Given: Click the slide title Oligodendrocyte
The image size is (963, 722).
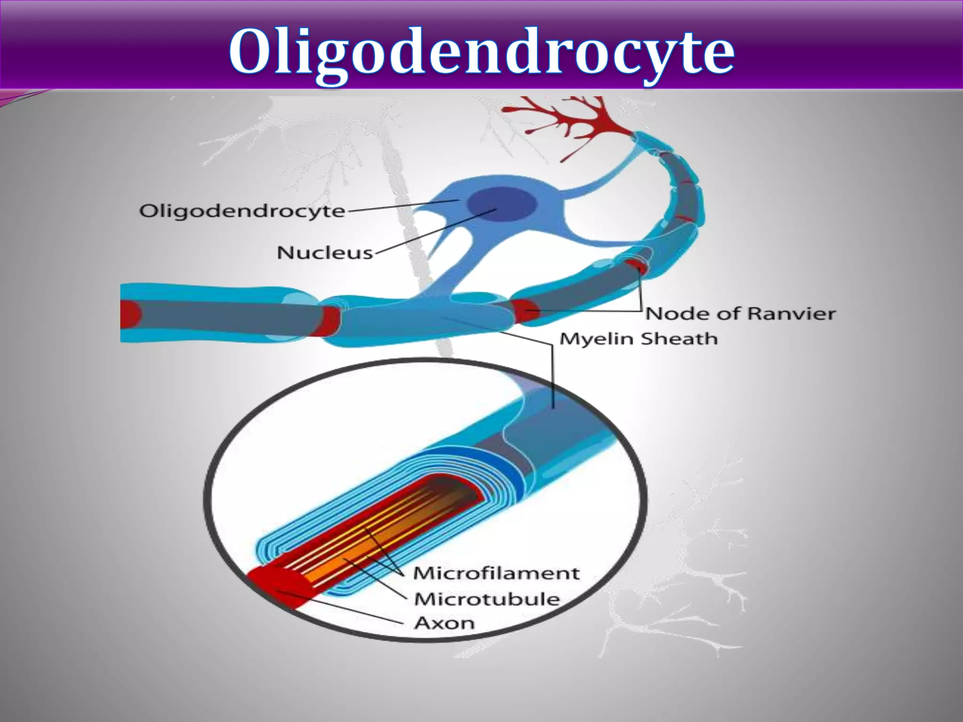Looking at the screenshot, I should (x=481, y=52).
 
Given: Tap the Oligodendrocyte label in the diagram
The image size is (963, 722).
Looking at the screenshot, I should (x=242, y=211).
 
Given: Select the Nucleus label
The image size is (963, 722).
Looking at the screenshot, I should (x=325, y=253).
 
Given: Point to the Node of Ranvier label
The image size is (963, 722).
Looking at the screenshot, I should (x=740, y=313).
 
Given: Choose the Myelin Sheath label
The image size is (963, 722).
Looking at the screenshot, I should (x=639, y=338).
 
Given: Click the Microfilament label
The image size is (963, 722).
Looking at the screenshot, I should (x=496, y=573).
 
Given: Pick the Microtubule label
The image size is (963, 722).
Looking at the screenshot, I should (x=487, y=599).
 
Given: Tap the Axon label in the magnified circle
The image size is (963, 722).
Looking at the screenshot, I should (x=444, y=623).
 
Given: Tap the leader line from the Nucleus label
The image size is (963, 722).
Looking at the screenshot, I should (x=433, y=232).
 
